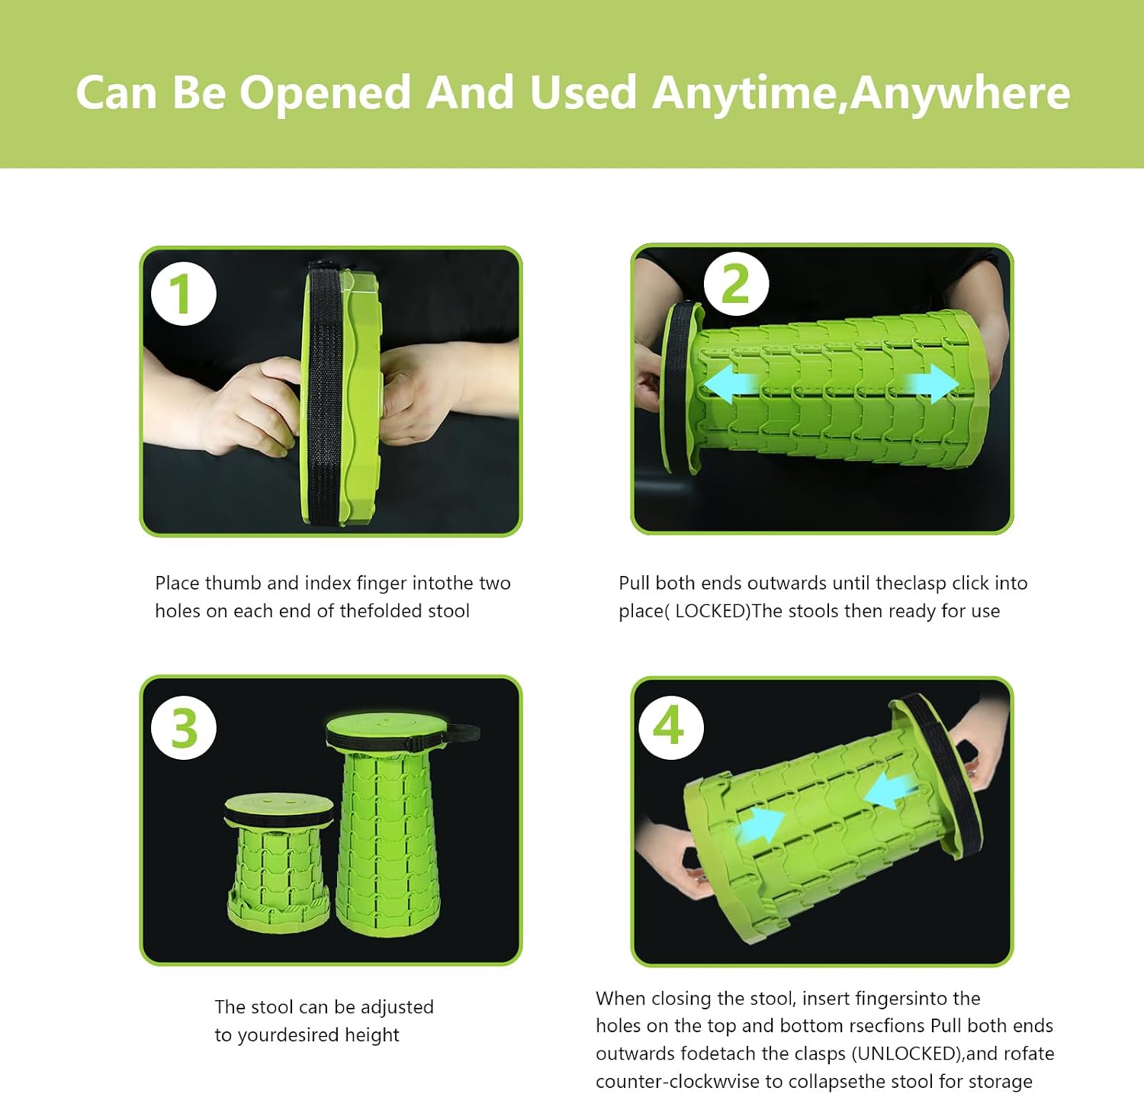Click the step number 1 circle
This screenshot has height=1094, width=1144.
184,294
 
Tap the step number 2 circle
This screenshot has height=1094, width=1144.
735,284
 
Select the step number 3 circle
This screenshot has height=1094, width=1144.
184,728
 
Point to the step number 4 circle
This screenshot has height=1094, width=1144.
670,726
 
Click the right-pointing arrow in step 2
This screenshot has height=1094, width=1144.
930,383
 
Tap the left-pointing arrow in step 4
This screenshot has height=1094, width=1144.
891,789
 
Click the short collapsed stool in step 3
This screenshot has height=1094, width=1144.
279,858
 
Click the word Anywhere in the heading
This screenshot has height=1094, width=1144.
960,93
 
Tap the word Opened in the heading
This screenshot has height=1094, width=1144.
326,93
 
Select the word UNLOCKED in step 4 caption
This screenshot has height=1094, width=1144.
907,1054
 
